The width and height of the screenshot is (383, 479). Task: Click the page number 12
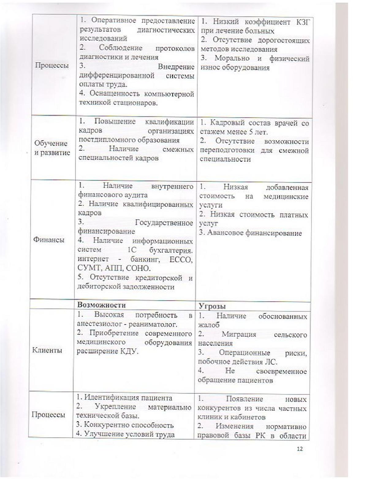pyautogui.click(x=300, y=449)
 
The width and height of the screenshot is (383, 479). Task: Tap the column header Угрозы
pyautogui.click(x=212, y=306)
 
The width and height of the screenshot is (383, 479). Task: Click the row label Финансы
pyautogui.click(x=49, y=240)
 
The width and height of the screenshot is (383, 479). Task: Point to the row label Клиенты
pyautogui.click(x=47, y=350)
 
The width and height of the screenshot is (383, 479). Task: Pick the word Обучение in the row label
pyautogui.click(x=51, y=143)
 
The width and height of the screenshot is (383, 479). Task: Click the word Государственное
pyautogui.click(x=164, y=222)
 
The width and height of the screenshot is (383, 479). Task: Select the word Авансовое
pyautogui.click(x=226, y=233)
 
